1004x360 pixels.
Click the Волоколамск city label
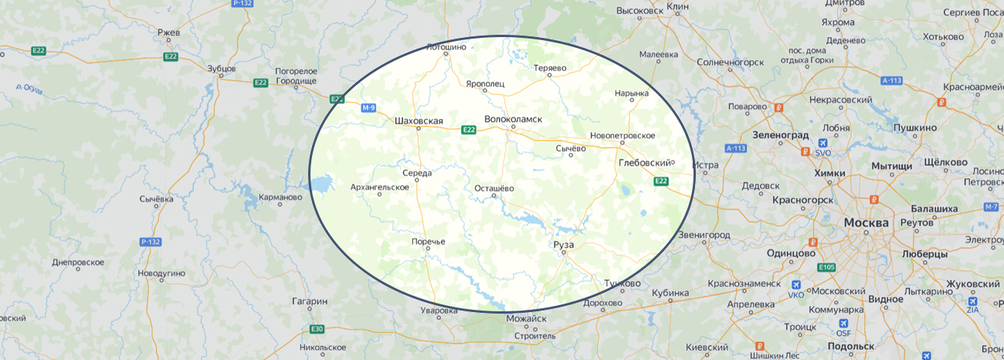tap(513, 119)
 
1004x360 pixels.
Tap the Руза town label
tap(564, 245)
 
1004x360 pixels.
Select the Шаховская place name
tap(419, 121)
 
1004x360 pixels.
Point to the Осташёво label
tap(494, 188)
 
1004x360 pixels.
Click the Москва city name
tap(866, 222)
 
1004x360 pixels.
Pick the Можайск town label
tap(526, 318)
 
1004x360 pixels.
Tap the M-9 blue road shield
tap(368, 108)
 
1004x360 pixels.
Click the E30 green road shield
tap(317, 329)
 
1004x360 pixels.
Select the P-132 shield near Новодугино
tap(151, 242)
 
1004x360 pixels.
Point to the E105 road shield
tap(826, 267)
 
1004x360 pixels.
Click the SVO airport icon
tap(823, 143)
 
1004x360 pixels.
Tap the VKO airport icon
tap(796, 284)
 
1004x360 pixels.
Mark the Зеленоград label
tap(779, 133)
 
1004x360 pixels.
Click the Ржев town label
tap(168, 32)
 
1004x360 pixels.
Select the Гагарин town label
tap(310, 301)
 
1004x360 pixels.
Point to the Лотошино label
tap(446, 46)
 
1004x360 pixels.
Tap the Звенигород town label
tap(704, 234)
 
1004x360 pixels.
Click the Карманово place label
tap(280, 197)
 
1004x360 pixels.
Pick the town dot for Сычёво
tap(572, 155)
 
